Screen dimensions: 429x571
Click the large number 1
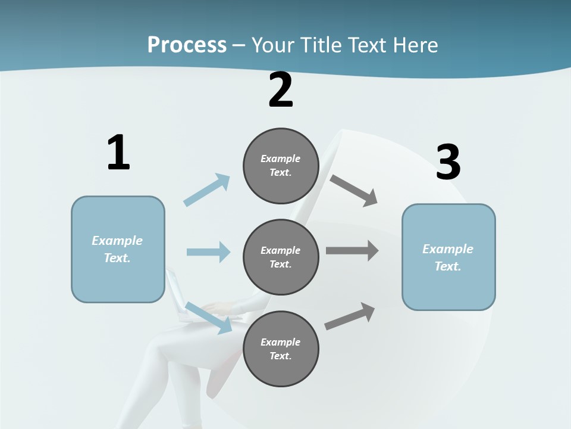coord(118,153)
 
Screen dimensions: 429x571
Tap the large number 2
coord(281,90)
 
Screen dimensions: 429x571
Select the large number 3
coord(448,163)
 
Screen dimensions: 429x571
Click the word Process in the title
coord(187,45)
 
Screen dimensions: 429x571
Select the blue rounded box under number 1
coord(118,249)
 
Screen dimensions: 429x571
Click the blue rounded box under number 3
coord(448,257)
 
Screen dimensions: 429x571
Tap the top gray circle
coord(281,166)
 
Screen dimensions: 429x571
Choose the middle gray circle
coord(281,257)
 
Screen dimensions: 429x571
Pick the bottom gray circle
coord(281,349)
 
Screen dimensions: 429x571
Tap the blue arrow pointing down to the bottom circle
coord(209,317)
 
